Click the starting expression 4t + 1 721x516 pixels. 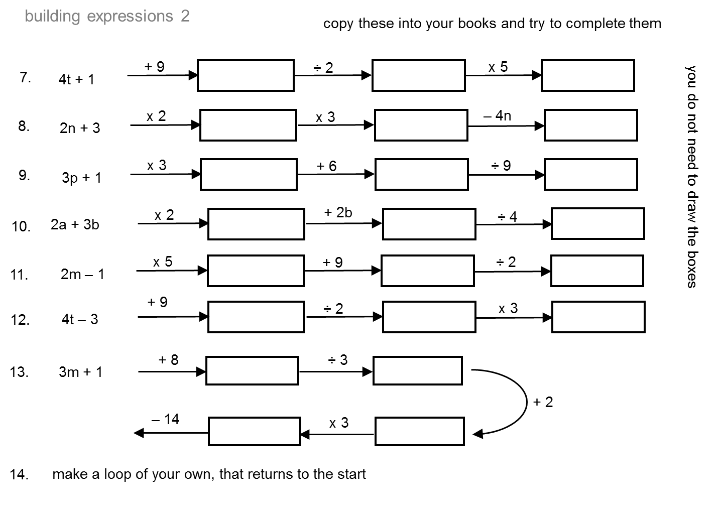point(76,79)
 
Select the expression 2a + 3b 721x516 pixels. point(75,224)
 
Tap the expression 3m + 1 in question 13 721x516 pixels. point(80,372)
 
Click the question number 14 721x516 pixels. point(19,474)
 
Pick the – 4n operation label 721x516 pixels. point(497,116)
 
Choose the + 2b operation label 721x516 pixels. point(338,212)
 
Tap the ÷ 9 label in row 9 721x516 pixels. point(501,166)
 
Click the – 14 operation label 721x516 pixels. point(165,419)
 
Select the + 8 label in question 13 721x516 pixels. point(168,360)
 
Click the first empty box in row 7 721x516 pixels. point(246,75)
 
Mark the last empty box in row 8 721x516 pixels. point(590,125)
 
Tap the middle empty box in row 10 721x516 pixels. point(429,224)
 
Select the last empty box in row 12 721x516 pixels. point(598,317)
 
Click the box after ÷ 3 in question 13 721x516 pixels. point(417,371)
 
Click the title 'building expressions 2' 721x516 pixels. point(107,16)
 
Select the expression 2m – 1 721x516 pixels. point(82,274)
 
